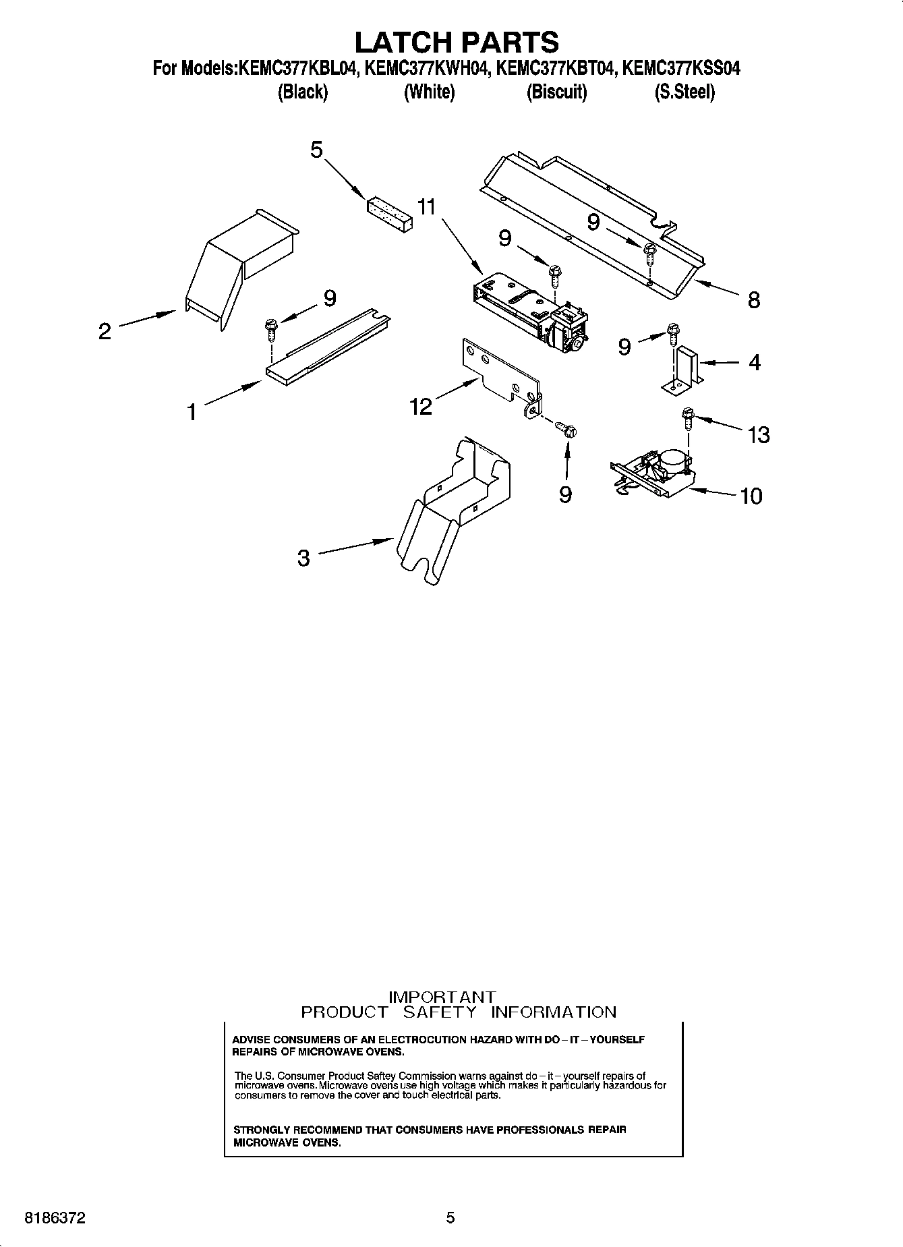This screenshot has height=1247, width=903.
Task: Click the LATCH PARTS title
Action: click(457, 42)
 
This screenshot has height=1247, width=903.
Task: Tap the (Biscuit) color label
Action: click(556, 92)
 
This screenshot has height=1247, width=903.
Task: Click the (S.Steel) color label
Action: click(684, 92)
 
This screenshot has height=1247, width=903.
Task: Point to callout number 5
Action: click(316, 150)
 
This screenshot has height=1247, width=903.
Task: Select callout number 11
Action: click(426, 206)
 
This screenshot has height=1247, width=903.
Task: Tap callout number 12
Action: click(421, 406)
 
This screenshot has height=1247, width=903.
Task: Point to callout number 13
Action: click(759, 435)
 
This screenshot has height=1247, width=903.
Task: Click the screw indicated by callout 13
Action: click(687, 418)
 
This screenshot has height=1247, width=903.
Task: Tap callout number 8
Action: click(753, 300)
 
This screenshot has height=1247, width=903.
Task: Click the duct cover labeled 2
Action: click(239, 270)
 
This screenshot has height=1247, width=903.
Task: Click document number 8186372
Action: click(55, 1218)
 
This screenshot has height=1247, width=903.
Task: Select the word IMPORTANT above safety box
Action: click(443, 997)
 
